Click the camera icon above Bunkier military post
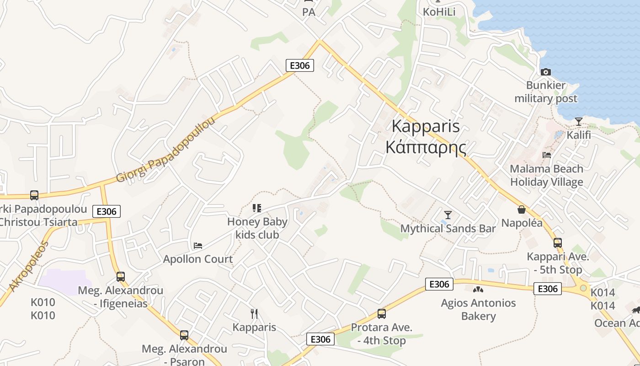(545, 72)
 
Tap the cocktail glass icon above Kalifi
(579, 122)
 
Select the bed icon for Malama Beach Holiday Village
(546, 155)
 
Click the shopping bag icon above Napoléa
(521, 210)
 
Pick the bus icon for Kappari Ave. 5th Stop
(557, 243)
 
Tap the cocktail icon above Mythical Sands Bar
(448, 215)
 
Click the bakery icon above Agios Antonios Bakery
(478, 289)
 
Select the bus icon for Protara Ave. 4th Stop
(381, 314)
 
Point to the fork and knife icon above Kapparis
(254, 313)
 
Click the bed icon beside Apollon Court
(197, 246)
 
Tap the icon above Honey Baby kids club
(257, 208)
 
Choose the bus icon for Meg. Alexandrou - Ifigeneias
(120, 277)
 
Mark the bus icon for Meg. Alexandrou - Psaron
(184, 335)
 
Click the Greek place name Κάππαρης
(426, 147)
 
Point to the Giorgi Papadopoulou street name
(165, 149)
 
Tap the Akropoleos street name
(28, 266)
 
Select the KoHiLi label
(439, 12)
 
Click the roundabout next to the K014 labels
(583, 288)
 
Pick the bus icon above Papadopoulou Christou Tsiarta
(34, 195)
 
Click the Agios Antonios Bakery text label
(478, 309)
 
